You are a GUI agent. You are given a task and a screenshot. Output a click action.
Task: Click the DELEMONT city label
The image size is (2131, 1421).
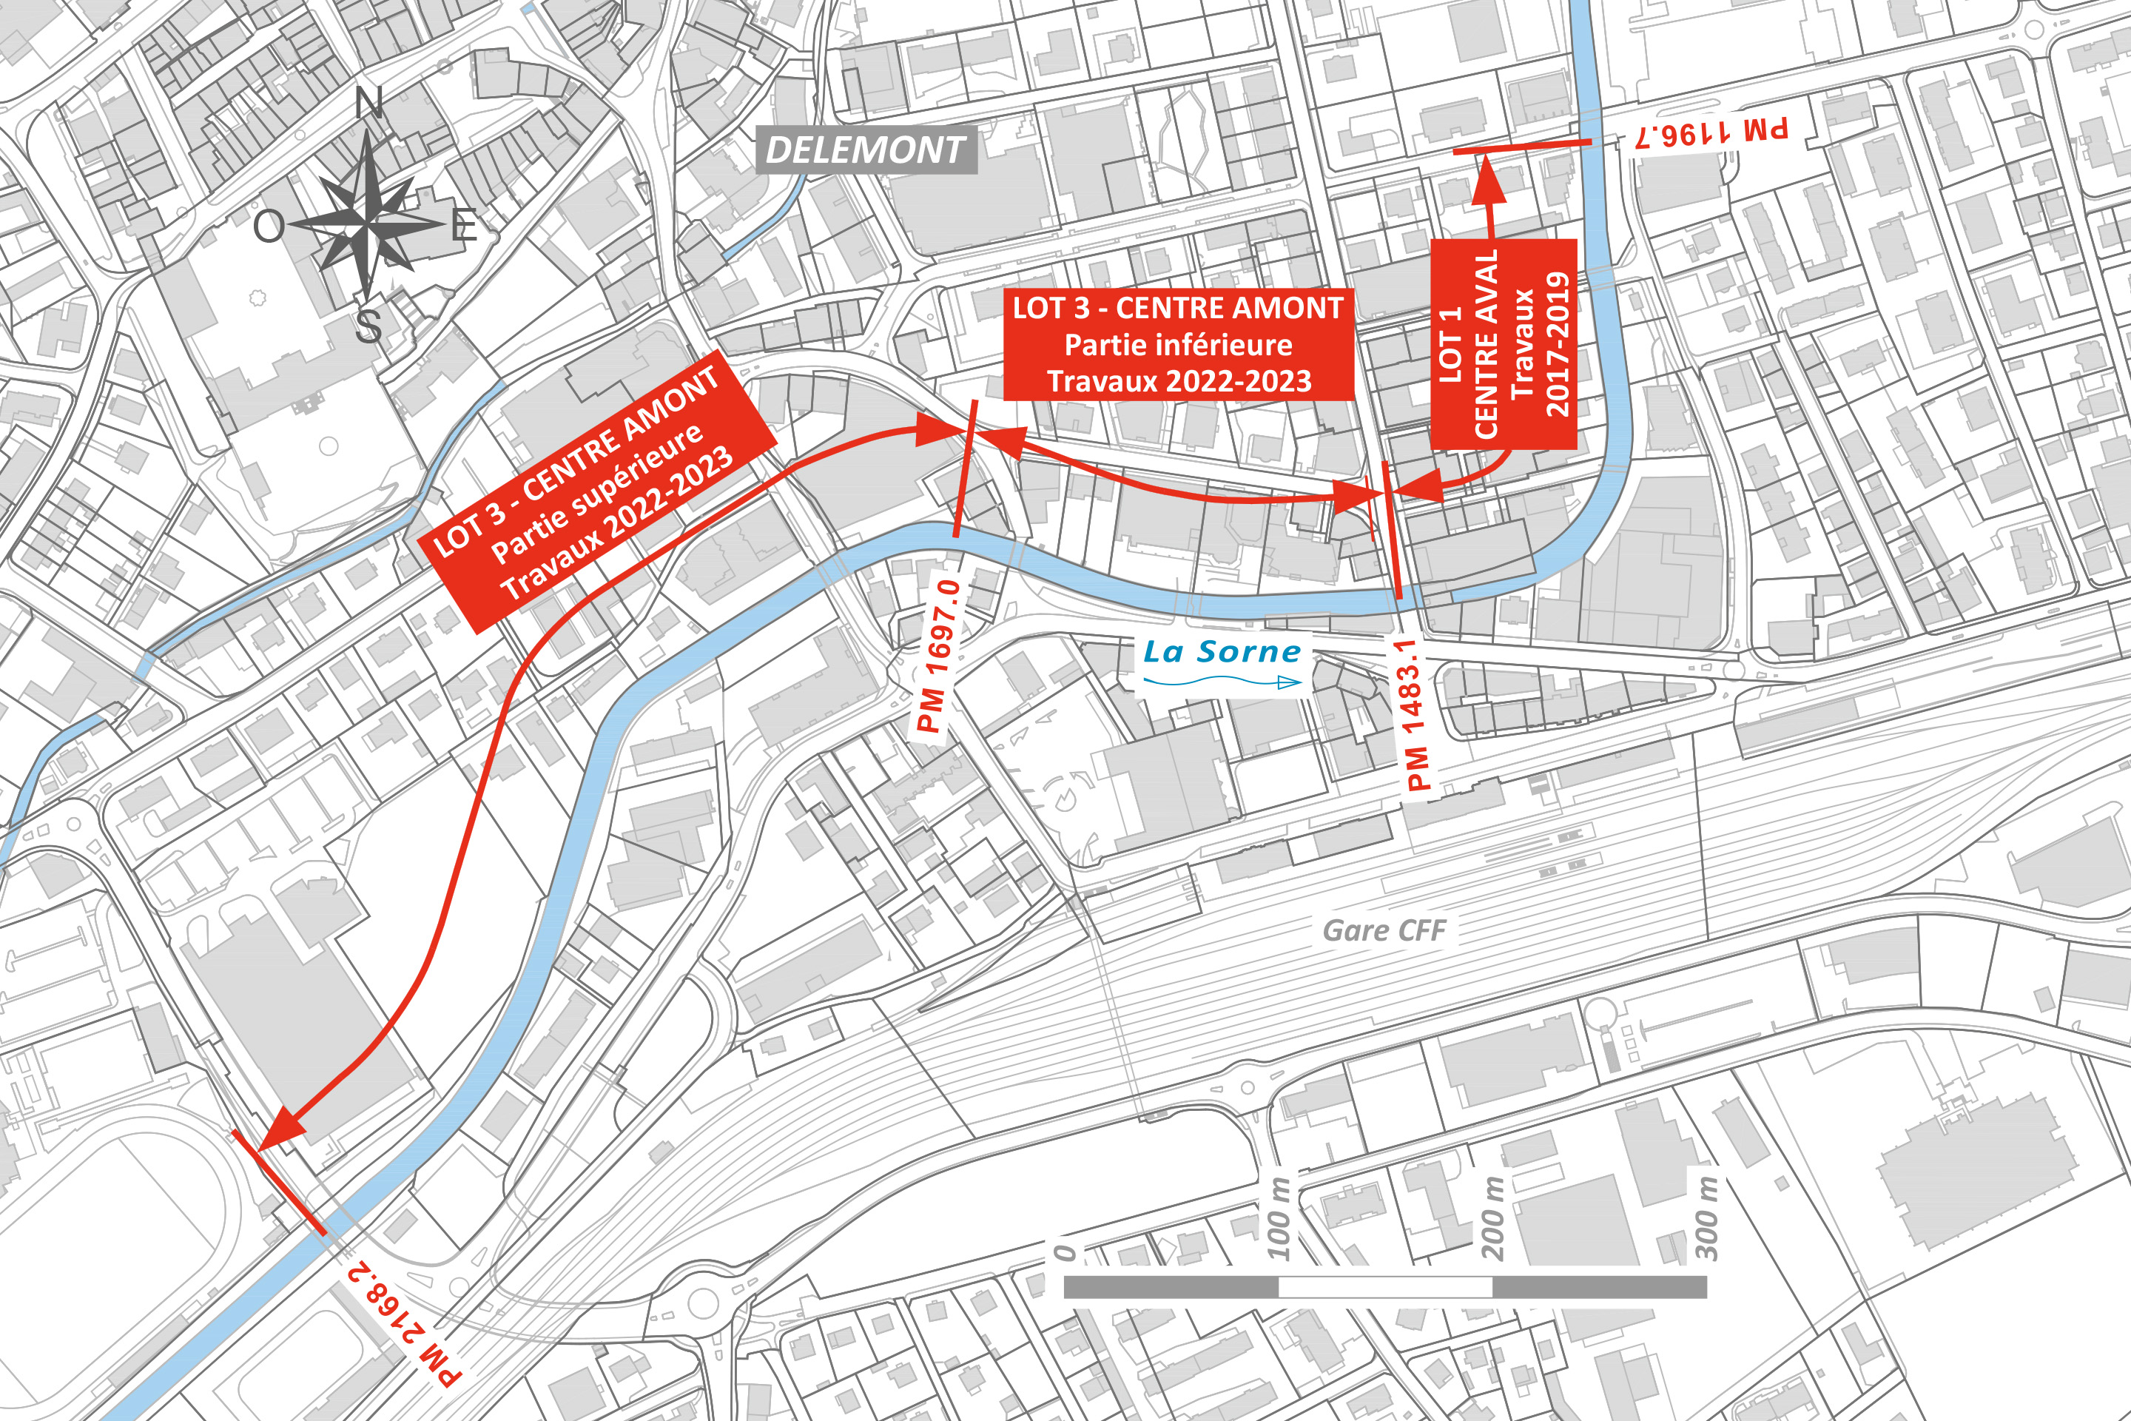865,150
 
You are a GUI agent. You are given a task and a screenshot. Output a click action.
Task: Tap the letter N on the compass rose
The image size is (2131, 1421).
368,105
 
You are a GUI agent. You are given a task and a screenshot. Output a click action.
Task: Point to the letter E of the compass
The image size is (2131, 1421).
464,225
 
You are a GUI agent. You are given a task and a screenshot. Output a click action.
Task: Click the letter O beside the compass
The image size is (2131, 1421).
268,226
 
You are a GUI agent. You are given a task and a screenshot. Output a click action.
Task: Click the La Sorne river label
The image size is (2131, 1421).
1222,651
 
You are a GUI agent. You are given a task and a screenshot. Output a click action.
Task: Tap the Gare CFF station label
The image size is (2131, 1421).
1384,931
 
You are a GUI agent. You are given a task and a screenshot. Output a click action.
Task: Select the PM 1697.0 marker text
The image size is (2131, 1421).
939,656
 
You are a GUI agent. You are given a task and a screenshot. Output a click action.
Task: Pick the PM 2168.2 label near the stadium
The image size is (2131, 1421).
404,1323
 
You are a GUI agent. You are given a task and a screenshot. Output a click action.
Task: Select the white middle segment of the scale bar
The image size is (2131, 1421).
1384,1287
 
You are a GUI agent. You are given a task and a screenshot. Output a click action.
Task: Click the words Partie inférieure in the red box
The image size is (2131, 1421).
1178,346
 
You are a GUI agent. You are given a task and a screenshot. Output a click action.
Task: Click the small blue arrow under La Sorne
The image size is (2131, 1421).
1288,682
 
